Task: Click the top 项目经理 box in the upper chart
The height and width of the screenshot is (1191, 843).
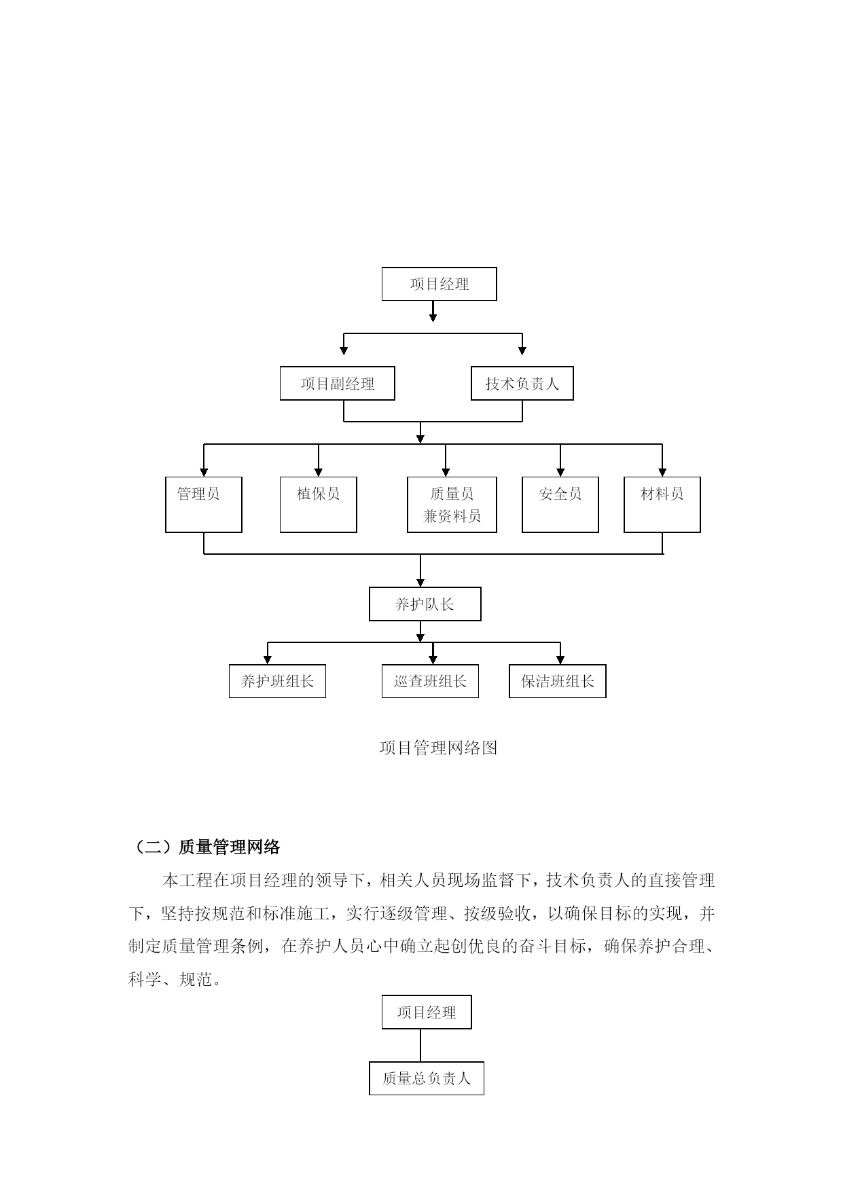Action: point(439,284)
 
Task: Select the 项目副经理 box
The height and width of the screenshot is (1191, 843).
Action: point(337,384)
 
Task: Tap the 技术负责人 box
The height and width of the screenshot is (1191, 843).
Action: point(522,384)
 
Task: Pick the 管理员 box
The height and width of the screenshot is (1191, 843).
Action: point(204,505)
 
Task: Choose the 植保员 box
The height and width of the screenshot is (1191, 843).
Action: point(319,505)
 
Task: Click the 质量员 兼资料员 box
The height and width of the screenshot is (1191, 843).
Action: point(452,505)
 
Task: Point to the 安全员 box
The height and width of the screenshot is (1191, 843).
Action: point(560,505)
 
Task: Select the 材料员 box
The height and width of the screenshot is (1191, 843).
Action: point(662,505)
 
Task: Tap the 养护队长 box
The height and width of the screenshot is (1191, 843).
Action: point(425,604)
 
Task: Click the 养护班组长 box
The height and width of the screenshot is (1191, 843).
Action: point(277,681)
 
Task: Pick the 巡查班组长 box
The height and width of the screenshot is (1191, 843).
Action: point(430,681)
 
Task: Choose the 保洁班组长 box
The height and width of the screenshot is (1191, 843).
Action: point(558,681)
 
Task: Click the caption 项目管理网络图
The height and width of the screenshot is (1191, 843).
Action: point(439,748)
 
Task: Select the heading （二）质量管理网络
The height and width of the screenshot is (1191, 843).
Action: point(204,847)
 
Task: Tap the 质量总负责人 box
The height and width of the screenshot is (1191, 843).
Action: point(427,1078)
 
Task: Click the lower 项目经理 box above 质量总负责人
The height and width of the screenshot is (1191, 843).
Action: point(427,1012)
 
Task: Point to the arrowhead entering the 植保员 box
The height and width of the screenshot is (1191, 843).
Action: point(319,472)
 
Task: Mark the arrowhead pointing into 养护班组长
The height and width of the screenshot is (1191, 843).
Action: point(268,659)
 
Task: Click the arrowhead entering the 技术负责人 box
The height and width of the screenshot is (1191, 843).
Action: point(522,350)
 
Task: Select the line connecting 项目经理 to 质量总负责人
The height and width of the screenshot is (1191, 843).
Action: point(420,1046)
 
